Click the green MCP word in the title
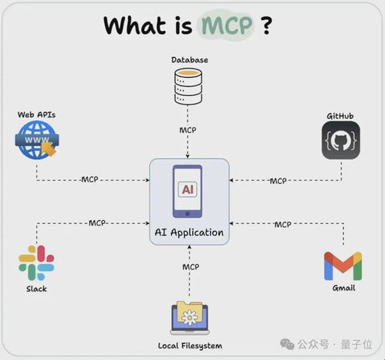coord(227,25)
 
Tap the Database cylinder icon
coord(188,87)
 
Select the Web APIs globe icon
coord(37,140)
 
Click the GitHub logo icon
coord(341,140)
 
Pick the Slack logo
coord(36,263)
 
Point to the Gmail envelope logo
coord(343,266)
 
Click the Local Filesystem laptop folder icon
coord(190,318)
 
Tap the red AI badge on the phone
coord(187,189)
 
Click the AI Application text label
coord(189,233)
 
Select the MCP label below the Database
coord(187,130)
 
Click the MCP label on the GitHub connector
coord(279,181)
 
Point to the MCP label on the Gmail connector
coord(282,225)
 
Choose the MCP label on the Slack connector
coord(97,223)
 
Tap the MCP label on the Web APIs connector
coord(89,179)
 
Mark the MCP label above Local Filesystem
coord(191,267)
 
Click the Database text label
coord(190,60)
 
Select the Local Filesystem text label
coord(190,346)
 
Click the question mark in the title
coord(266,25)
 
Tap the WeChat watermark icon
coord(287,344)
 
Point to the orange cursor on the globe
coord(49,148)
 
